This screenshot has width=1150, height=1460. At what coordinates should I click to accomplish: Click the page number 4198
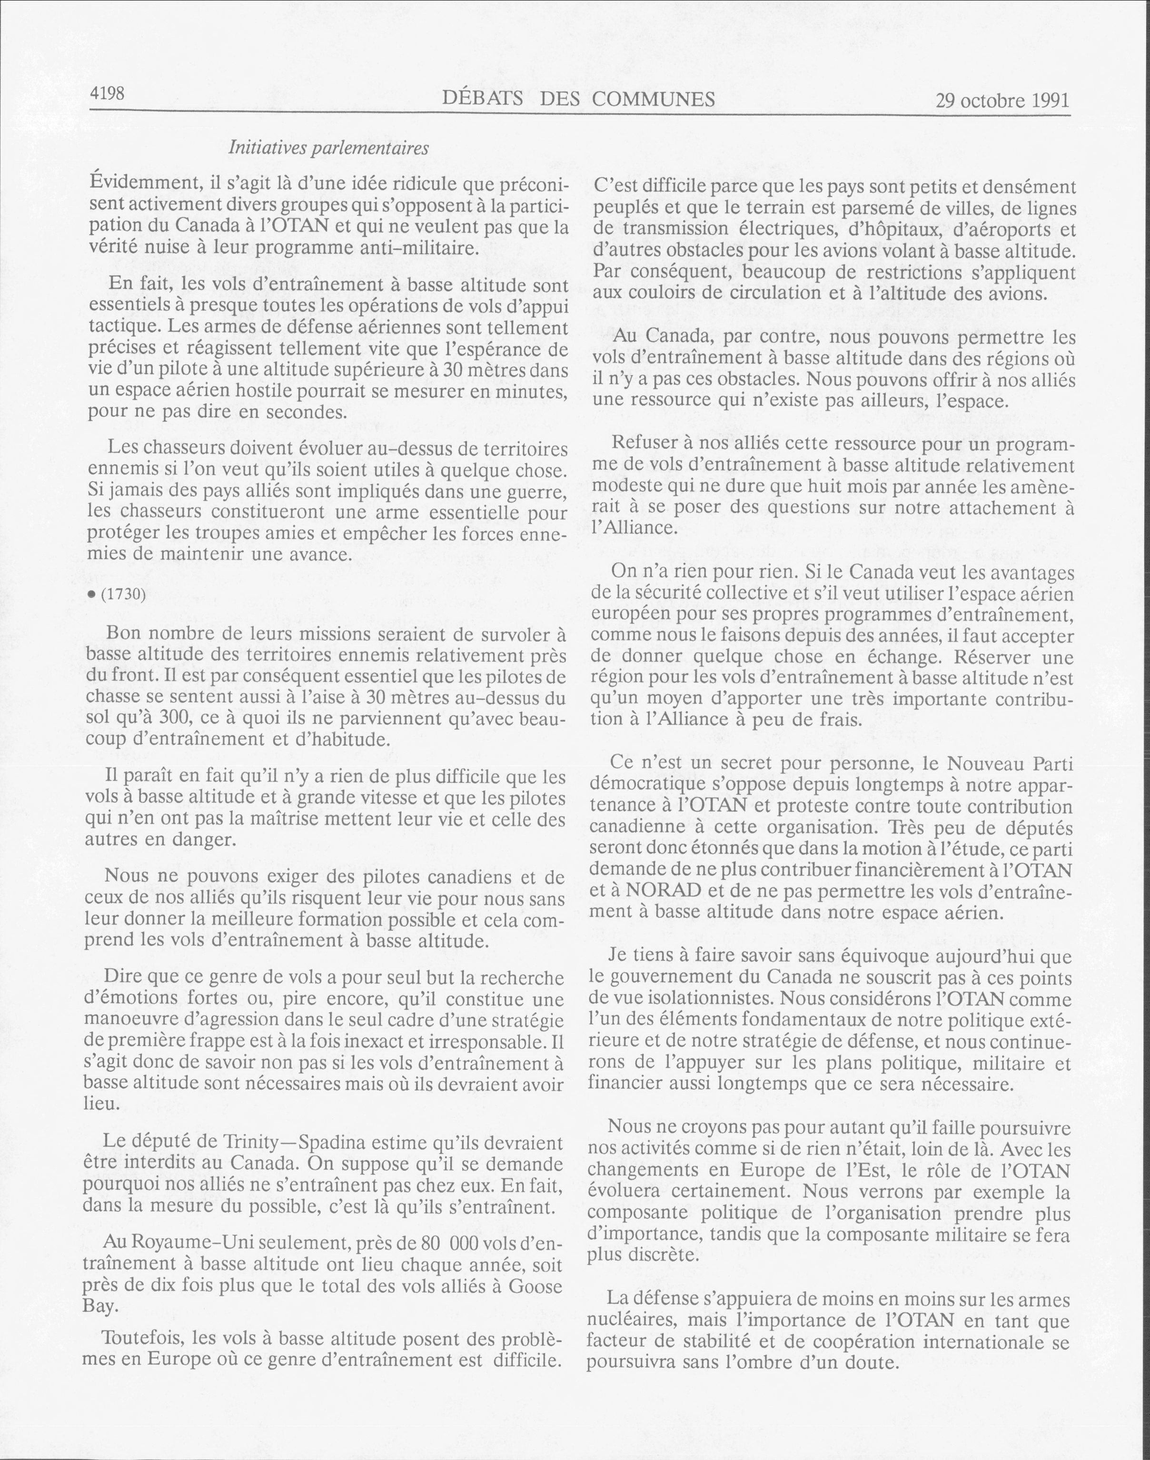107,94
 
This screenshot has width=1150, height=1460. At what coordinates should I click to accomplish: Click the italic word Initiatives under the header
266,148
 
